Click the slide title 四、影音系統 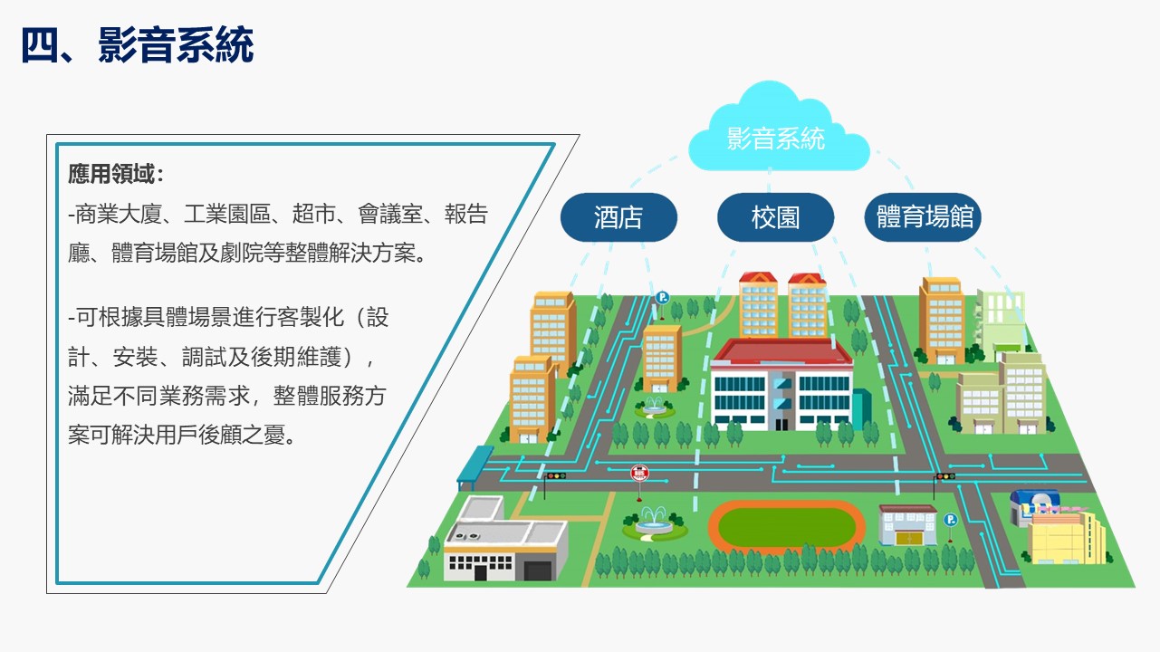[138, 45]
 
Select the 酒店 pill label [618, 217]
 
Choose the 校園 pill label [775, 217]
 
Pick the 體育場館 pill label [923, 217]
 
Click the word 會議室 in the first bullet [390, 214]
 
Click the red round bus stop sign [639, 473]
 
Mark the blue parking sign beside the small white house [950, 520]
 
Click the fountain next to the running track [655, 523]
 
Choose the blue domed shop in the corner [1032, 505]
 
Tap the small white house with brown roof [907, 525]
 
